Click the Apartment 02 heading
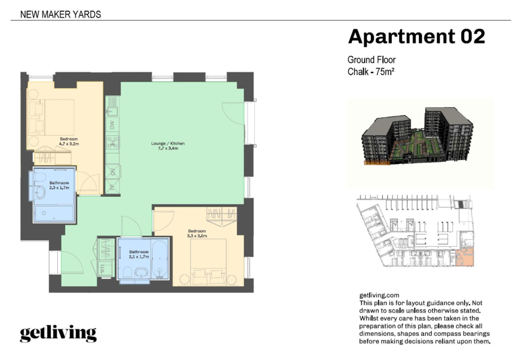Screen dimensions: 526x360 point(416,36)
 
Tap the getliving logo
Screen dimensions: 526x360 point(58,333)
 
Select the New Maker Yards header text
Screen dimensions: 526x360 point(60,14)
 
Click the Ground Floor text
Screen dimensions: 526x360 point(371,59)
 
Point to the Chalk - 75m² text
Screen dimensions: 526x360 point(371,72)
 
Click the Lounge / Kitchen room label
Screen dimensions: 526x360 point(168,143)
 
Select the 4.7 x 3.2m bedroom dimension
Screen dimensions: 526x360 point(69,144)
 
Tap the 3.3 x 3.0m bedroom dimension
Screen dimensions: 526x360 point(197,236)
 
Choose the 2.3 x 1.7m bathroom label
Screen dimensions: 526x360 point(59,188)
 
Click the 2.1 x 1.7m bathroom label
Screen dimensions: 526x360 point(139,257)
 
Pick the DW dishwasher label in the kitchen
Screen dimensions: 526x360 point(113,125)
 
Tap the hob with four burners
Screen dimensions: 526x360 point(113,143)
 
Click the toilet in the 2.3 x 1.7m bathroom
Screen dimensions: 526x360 point(39,178)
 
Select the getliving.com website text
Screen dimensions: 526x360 point(379,295)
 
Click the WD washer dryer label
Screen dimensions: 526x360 point(103,268)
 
